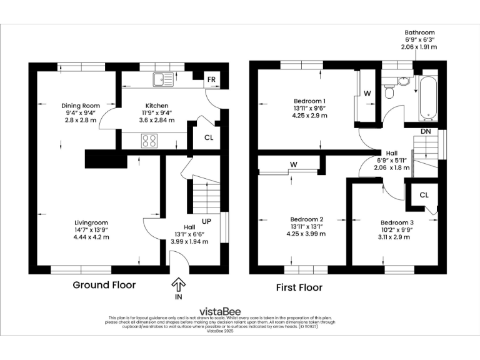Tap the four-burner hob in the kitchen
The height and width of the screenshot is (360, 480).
pos(150,141)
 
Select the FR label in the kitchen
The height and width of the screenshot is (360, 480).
pos(212,79)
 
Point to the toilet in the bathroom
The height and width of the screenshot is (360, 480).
pos(390,92)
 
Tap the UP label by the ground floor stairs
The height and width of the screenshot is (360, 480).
pos(206,221)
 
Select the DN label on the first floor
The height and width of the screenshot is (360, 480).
pos(425,131)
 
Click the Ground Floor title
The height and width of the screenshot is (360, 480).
pos(104,285)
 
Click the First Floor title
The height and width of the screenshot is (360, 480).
pos(299,287)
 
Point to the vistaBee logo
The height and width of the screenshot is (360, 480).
pos(220,311)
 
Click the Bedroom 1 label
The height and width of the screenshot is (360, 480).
pos(309,101)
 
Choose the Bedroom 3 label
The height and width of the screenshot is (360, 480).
pos(397,222)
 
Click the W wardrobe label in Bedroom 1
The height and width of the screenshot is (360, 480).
pos(367,94)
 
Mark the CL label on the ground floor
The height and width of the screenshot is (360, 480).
pos(207,137)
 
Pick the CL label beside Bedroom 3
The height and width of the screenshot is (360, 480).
pos(424,195)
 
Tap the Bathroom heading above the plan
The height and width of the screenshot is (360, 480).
pos(419,32)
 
